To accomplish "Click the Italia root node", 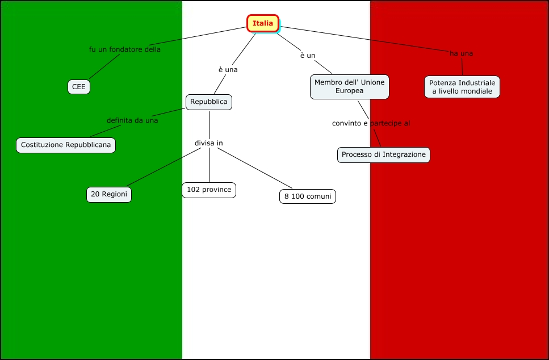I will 263,23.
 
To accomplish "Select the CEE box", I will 78,87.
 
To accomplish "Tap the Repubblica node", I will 209,102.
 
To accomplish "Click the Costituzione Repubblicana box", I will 66,145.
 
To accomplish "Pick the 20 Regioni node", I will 109,195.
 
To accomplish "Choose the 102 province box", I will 209,190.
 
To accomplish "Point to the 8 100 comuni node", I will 307,196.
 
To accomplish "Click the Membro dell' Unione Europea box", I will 349,87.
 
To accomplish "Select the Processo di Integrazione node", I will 383,154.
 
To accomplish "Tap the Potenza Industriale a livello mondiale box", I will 462,87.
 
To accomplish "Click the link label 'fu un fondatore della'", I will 125,49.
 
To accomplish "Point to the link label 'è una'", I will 228,70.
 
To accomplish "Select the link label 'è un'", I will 308,56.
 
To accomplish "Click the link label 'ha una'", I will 461,54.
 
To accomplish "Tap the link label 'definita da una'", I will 132,120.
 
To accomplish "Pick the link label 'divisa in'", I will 209,143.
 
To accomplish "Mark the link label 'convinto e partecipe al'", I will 371,123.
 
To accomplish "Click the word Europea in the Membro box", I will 349,91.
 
